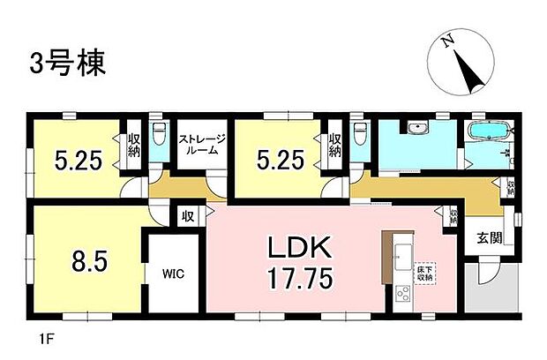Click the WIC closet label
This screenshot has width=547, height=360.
[173, 274]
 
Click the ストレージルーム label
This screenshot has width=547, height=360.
[203, 145]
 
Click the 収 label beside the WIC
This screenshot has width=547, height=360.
[189, 216]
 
